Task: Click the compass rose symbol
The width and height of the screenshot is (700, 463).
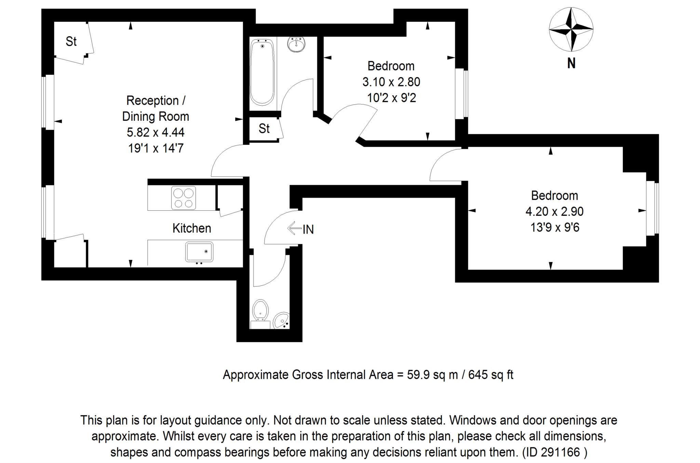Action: click(571, 30)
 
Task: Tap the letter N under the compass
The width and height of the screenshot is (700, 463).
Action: click(571, 63)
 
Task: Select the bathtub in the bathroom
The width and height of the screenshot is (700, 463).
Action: click(262, 72)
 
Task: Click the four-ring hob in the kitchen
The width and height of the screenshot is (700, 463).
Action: click(184, 198)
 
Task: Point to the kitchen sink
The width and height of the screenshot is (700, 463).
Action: click(199, 252)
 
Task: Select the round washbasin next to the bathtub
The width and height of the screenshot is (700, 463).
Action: click(296, 44)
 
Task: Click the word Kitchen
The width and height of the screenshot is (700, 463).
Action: click(192, 228)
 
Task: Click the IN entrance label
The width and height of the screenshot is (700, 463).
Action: click(308, 229)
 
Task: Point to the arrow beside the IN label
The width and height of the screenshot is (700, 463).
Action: click(294, 228)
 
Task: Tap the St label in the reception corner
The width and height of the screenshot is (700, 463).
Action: click(71, 41)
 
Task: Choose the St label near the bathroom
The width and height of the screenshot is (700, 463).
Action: click(264, 129)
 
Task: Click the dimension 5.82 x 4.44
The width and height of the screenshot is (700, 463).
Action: click(156, 132)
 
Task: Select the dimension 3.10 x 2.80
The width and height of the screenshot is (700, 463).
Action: click(391, 82)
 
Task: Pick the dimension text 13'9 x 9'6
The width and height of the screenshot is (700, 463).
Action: click(555, 227)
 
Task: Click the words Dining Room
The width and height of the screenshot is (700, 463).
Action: click(156, 117)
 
